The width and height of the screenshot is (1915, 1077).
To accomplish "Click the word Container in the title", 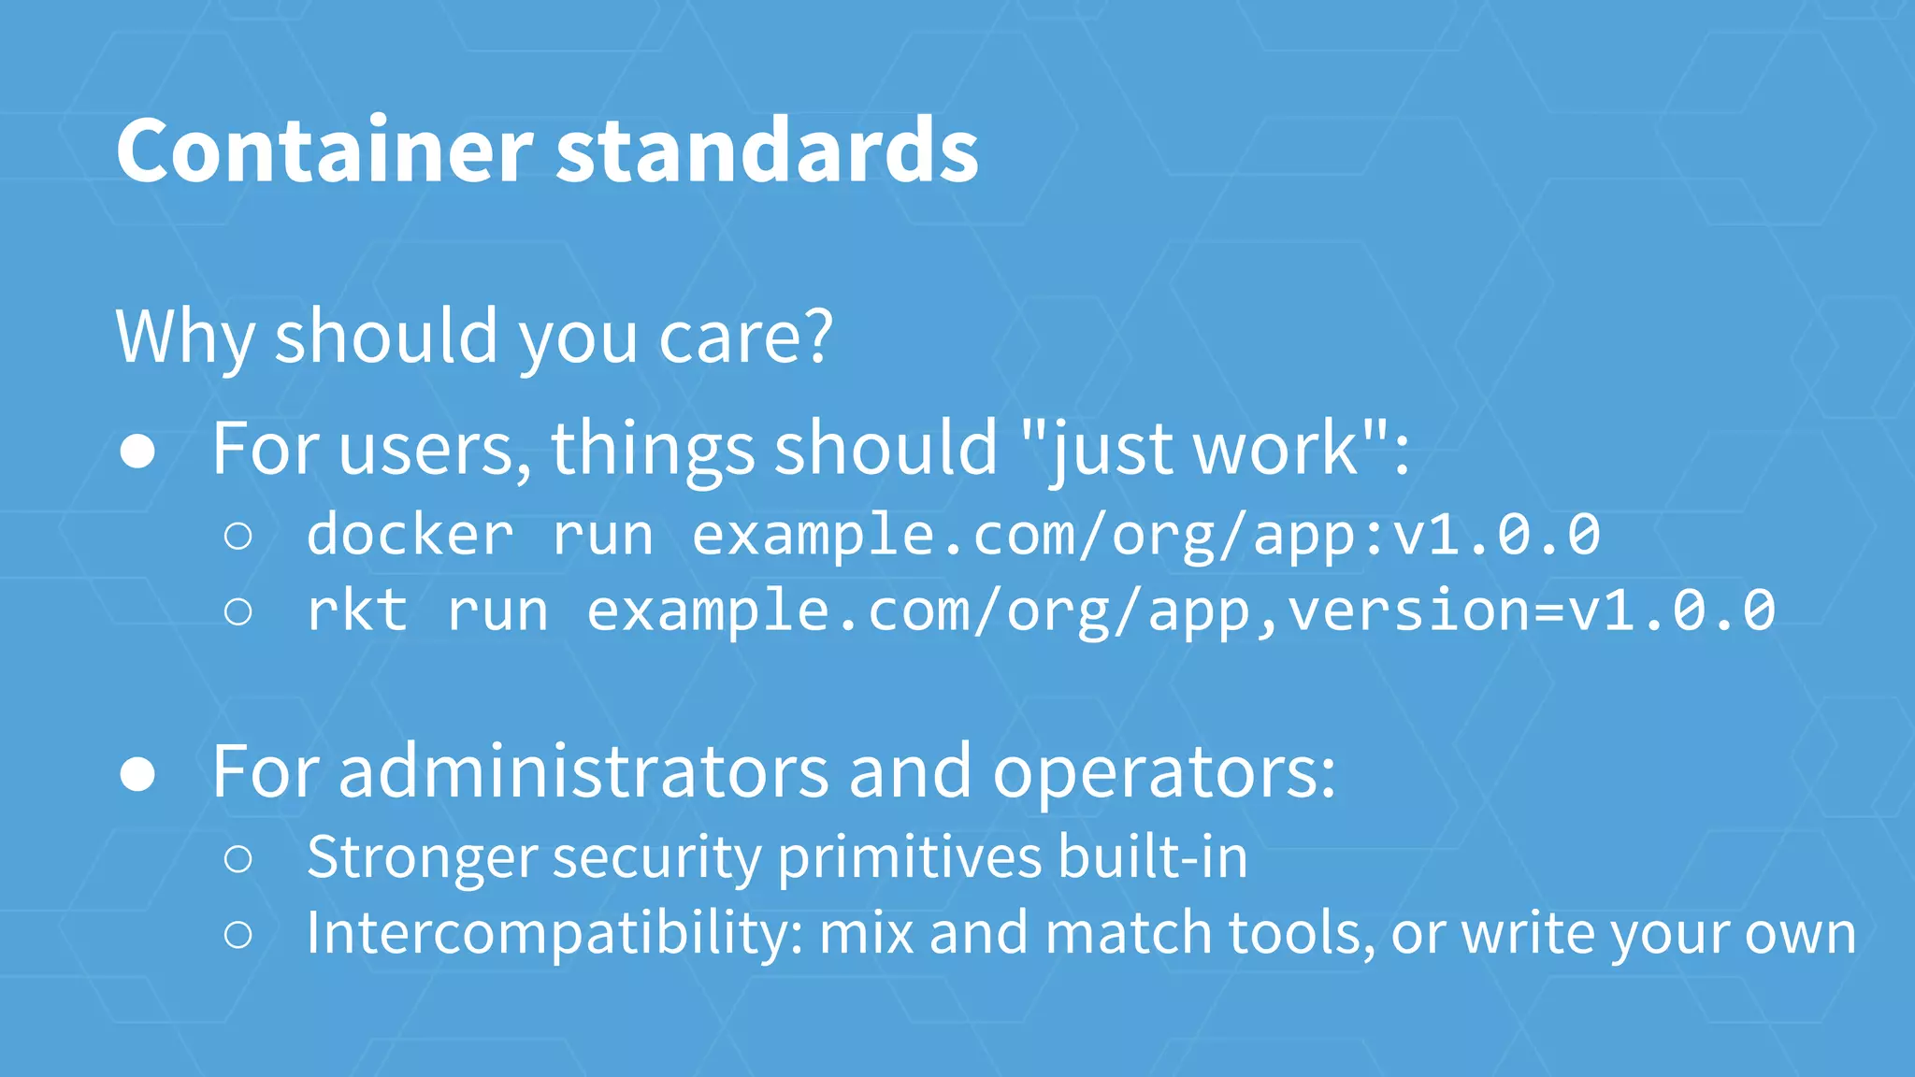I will (x=324, y=151).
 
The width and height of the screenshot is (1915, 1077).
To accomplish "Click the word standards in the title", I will (x=767, y=151).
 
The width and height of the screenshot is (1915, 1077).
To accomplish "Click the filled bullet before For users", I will (x=137, y=452).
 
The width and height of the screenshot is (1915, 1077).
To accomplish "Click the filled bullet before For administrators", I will (x=137, y=774).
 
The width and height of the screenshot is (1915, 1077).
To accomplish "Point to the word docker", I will (x=410, y=535).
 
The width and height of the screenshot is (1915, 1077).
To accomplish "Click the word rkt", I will (x=357, y=610).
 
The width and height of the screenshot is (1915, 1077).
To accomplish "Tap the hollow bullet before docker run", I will (x=238, y=536).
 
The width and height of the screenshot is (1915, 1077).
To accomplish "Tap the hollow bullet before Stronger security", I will (x=238, y=858).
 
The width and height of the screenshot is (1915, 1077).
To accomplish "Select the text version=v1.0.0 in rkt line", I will (x=1531, y=610).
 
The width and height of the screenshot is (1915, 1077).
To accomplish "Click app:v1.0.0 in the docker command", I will (x=1426, y=535).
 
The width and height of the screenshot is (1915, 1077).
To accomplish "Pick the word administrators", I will (x=583, y=772).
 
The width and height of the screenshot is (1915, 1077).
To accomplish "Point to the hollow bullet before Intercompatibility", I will (x=238, y=934).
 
